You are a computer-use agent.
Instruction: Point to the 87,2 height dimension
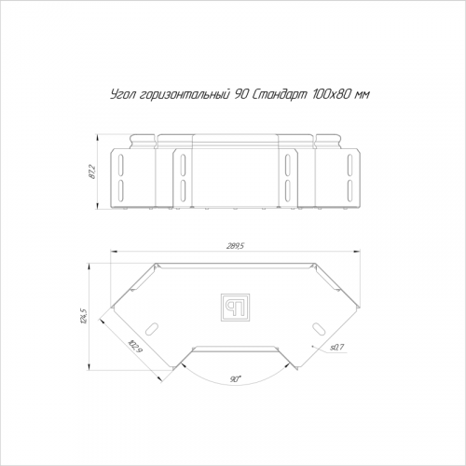(x=92, y=171)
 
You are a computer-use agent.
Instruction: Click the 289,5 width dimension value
(x=235, y=246)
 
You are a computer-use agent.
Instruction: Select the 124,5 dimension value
(x=83, y=316)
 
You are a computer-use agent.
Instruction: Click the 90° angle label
(x=236, y=379)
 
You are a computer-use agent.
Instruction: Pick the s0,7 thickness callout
(x=337, y=347)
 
